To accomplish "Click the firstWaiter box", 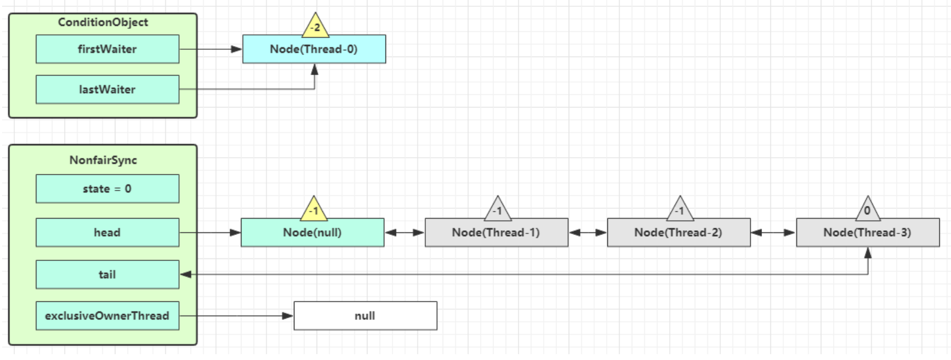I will click(107, 49).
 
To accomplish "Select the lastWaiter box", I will click(107, 89).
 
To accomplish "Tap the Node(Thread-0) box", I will click(314, 49).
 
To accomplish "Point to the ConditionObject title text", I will click(103, 22).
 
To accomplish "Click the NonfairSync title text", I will click(103, 160).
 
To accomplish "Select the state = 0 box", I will click(107, 189).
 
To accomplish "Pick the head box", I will click(107, 232).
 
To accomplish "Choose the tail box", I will click(107, 274).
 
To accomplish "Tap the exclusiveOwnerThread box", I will click(107, 316).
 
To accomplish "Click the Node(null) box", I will click(312, 232).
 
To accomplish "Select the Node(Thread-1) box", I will click(496, 232).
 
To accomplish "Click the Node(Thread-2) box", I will click(678, 232).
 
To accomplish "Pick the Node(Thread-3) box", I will click(867, 232).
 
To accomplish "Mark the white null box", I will click(365, 316).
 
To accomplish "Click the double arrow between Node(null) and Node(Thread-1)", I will click(405, 232).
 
